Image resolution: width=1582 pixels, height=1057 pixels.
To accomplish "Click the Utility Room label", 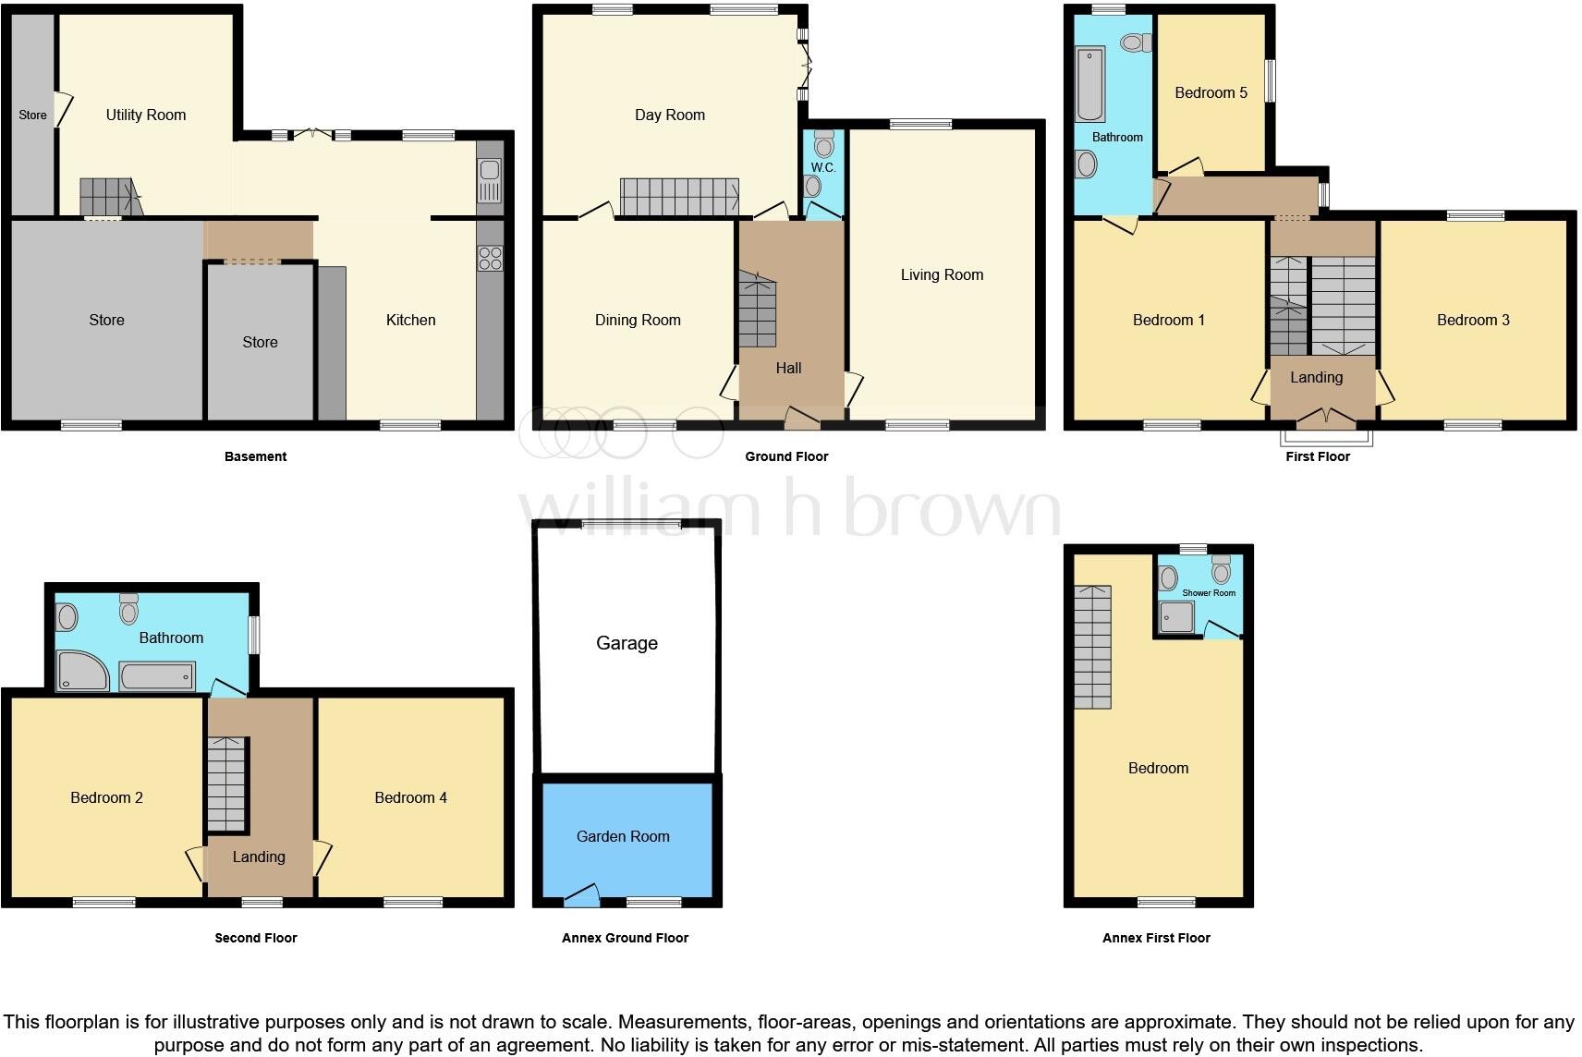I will pos(146,115).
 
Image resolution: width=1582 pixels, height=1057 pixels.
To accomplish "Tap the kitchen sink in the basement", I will pos(490,179).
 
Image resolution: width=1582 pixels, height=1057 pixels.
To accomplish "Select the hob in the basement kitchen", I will pos(490,258).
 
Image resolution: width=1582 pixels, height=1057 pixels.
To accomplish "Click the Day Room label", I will pos(670,115).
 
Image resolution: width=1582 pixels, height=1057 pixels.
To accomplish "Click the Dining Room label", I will pos(638,320).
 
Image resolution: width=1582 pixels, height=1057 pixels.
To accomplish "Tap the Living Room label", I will pos(942,274).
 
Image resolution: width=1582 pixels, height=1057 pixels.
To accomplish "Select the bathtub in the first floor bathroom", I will pos(1090,85).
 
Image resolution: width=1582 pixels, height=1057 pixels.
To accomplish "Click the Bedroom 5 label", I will pos(1211,92).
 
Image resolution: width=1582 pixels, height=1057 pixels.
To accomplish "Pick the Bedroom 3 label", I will pos(1473,320).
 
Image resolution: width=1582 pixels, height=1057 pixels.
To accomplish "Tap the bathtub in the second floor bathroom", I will pos(157,676).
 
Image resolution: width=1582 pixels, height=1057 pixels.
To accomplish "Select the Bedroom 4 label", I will pos(410,797).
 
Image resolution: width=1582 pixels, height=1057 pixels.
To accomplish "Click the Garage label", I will pos(627,643).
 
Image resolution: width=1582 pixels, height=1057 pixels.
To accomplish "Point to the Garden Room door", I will pos(582,893).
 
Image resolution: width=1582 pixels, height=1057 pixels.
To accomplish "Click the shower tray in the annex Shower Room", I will pos(1177,617).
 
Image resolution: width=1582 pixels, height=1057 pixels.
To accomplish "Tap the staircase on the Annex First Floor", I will pos(1092,646).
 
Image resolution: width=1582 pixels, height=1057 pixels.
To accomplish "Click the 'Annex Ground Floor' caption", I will pos(625,938).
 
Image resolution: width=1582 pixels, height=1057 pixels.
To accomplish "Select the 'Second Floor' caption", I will pos(256,938).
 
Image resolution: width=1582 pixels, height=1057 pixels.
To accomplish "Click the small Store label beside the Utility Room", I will pos(32,115).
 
